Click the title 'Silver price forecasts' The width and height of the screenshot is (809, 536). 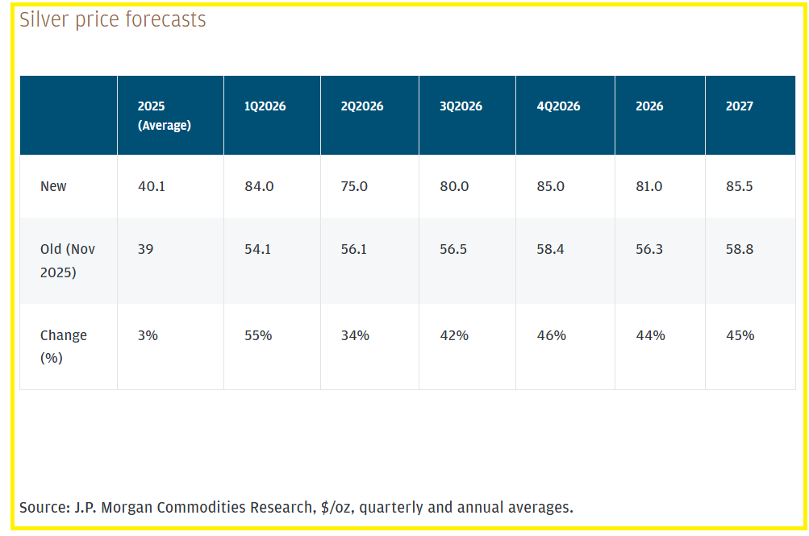(x=113, y=20)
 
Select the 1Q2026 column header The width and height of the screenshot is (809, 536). (x=265, y=106)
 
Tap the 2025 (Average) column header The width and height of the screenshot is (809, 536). (x=165, y=115)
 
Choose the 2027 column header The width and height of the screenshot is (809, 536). (x=739, y=106)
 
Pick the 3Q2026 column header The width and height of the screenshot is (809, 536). (x=460, y=106)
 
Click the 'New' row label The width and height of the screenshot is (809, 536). (x=53, y=186)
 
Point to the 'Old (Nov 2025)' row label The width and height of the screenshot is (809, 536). (x=68, y=260)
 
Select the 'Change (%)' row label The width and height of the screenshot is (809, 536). (x=63, y=346)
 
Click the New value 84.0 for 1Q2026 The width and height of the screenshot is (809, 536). (x=259, y=186)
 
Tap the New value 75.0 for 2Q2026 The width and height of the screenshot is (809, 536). (x=354, y=186)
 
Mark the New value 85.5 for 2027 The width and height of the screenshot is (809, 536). (x=740, y=186)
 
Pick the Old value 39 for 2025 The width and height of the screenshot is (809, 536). (x=145, y=250)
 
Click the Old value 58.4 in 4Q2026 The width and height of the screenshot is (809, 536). (x=550, y=250)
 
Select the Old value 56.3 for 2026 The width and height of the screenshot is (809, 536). (x=649, y=250)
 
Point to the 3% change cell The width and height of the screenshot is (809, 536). (x=148, y=335)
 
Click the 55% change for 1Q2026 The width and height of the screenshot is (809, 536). (x=258, y=335)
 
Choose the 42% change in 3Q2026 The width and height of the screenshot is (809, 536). (x=454, y=335)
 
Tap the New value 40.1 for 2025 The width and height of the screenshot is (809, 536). (x=153, y=186)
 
